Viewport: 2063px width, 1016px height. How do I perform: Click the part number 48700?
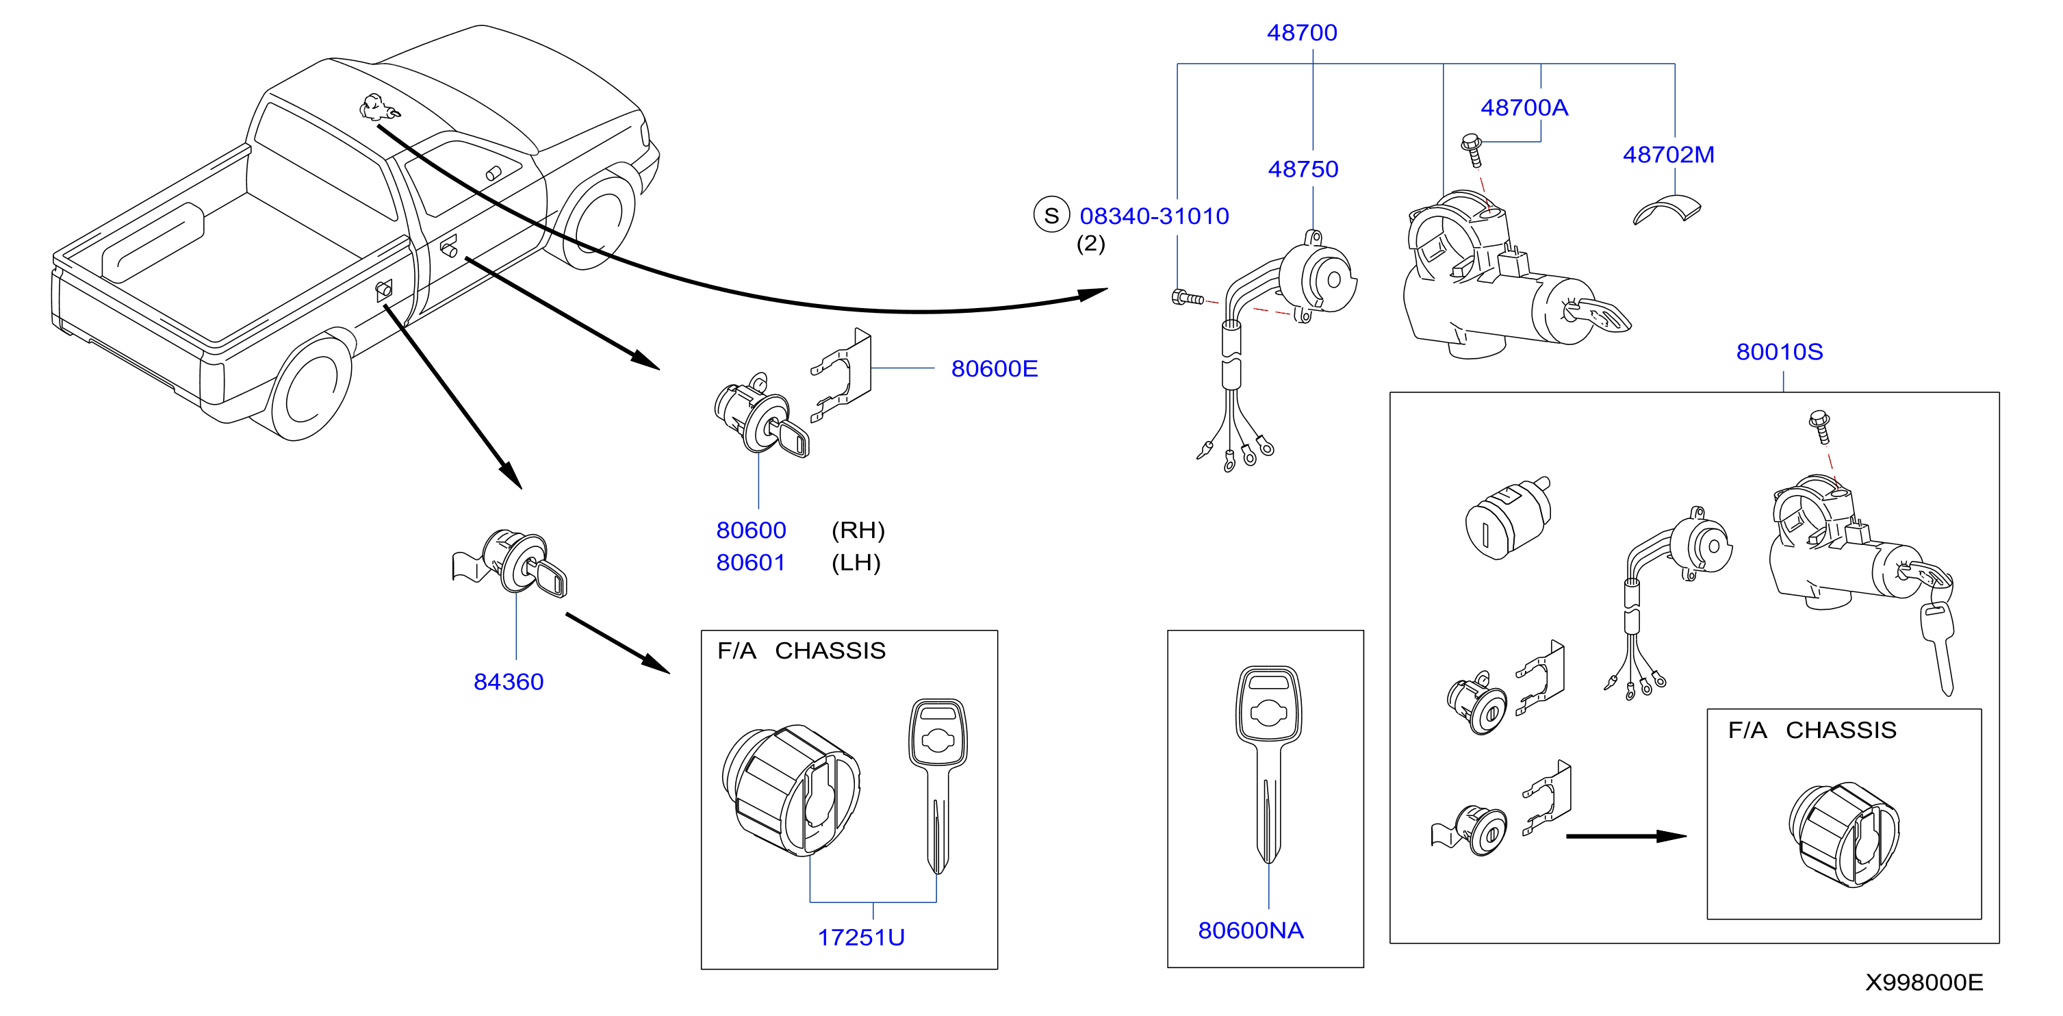coord(1301,33)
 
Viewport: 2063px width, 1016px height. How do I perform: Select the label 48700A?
coord(1524,107)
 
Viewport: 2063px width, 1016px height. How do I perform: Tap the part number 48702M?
coord(1668,155)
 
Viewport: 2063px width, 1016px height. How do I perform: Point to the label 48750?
coord(1303,169)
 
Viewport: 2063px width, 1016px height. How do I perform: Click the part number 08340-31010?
coord(1154,216)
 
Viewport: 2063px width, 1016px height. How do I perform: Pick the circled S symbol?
coord(1051,215)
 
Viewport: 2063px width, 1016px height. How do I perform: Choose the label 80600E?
coord(994,368)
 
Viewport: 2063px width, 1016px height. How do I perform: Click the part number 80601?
coord(750,563)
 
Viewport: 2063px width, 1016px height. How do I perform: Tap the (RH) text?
coord(858,531)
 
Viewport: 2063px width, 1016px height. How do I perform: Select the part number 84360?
coord(509,682)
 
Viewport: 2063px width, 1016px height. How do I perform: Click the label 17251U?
coord(861,937)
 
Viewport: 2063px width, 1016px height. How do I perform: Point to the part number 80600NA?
coord(1250,930)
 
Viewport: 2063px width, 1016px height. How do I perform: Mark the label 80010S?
coord(1779,352)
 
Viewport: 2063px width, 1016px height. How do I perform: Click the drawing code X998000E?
coord(1923,982)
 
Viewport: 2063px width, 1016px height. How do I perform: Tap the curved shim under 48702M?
coord(1667,210)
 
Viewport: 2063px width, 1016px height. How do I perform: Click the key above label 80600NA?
coord(1268,763)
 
